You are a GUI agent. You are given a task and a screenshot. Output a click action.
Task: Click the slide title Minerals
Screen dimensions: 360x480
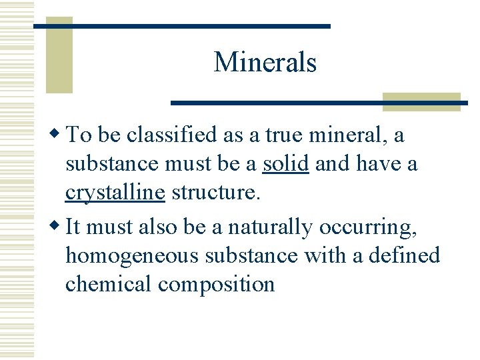pyautogui.click(x=265, y=63)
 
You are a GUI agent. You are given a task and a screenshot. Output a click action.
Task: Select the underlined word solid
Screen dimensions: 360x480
pyautogui.click(x=285, y=164)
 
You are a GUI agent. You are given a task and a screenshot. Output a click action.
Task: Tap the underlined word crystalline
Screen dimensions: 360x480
pyautogui.click(x=115, y=193)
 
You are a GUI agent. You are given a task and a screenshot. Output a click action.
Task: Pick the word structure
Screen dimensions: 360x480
pyautogui.click(x=213, y=193)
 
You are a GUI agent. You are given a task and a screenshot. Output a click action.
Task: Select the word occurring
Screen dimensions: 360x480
pyautogui.click(x=367, y=227)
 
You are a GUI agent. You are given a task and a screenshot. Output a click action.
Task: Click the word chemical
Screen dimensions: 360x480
pyautogui.click(x=109, y=284)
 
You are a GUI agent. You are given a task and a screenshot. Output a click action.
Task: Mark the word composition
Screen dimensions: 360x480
pyautogui.click(x=216, y=284)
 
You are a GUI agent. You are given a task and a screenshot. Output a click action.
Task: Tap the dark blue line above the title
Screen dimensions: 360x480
pyautogui.click(x=182, y=26)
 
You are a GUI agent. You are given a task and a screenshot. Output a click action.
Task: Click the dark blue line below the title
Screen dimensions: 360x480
pyautogui.click(x=319, y=103)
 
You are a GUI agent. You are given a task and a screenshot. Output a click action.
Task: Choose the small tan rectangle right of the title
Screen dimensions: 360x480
pyautogui.click(x=421, y=101)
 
